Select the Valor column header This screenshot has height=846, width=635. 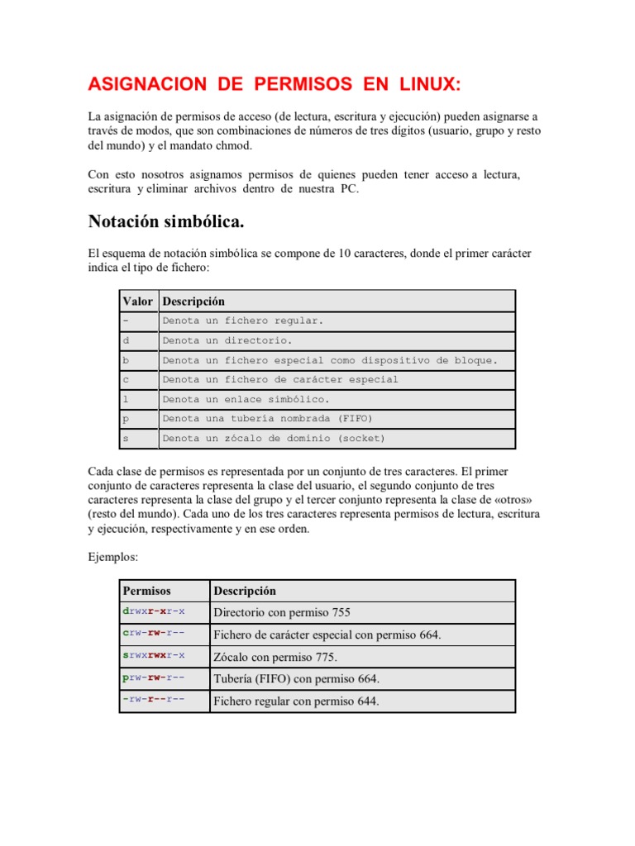coord(137,301)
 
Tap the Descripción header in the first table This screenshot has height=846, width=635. coord(193,301)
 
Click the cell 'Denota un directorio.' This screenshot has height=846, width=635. coord(227,340)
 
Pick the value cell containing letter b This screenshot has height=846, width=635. coord(127,360)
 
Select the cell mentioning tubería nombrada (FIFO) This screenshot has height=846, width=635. coord(268,419)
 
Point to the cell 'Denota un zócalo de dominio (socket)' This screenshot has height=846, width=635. coord(274,439)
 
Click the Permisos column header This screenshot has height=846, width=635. coord(146,591)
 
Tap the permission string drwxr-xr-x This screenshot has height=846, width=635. coord(154,611)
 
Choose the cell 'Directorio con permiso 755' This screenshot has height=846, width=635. coord(282,612)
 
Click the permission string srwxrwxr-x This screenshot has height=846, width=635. coord(154,655)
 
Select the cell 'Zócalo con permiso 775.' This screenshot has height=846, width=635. coord(275,657)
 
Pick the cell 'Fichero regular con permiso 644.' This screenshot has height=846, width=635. coord(296,701)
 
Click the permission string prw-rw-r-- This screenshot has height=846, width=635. coord(154,677)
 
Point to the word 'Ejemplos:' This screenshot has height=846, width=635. coord(112,558)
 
